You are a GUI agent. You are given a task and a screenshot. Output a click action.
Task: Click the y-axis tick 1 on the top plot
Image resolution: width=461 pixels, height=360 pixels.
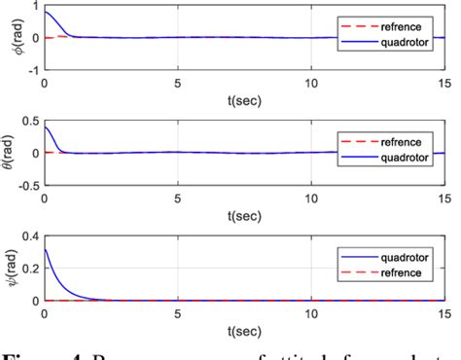coord(35,6)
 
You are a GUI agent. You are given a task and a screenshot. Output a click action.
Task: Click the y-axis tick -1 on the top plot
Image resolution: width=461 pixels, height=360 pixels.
coord(33,70)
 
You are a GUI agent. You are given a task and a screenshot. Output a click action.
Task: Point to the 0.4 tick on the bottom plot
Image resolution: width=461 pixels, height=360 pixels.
coord(28,235)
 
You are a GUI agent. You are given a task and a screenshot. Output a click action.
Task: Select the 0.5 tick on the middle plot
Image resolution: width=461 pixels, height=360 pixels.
coord(28,121)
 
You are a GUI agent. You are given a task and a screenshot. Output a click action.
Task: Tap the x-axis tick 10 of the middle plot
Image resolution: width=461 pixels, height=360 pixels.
coord(310,198)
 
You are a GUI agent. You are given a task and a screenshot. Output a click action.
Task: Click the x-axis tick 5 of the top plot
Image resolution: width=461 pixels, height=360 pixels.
coord(178,84)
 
